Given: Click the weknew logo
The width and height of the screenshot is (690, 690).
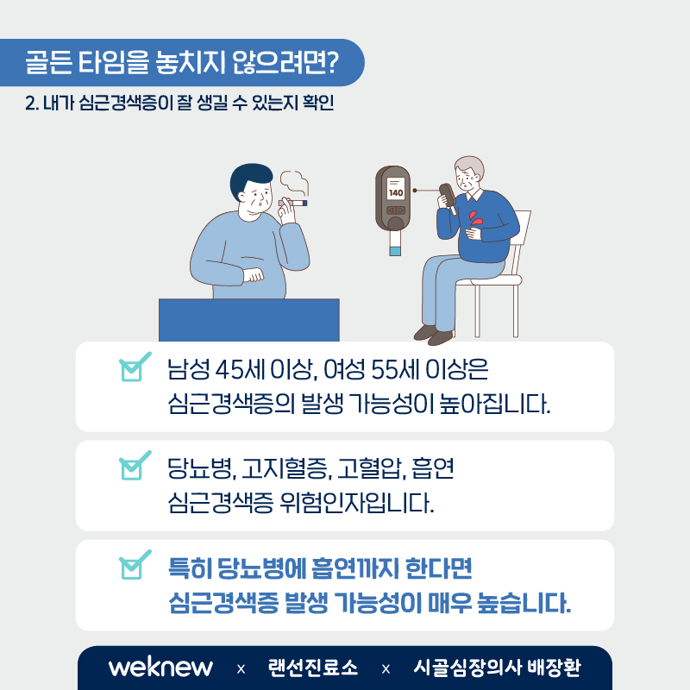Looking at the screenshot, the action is (x=160, y=668).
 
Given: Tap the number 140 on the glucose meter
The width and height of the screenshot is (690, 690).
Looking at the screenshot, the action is (x=396, y=192).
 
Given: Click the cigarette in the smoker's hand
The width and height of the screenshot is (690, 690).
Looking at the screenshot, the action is (x=293, y=203).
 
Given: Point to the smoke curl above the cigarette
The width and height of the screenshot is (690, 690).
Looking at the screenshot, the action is (x=294, y=182).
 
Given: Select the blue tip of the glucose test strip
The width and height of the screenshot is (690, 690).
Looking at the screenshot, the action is (x=395, y=251).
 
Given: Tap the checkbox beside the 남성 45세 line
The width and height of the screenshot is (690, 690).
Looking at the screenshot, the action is (x=135, y=367).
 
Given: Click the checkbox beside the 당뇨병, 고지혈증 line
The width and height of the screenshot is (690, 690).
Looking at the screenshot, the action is (x=135, y=466).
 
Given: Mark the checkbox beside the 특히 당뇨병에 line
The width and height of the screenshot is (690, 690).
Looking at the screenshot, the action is (x=135, y=565).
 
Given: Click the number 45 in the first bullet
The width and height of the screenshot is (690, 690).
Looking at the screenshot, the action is (x=229, y=370).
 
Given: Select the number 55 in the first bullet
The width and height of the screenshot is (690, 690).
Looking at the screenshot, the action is (x=385, y=370).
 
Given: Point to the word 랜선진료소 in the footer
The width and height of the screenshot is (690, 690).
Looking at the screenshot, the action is (x=313, y=668).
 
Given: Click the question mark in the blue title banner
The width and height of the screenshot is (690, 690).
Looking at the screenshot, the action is (x=333, y=62).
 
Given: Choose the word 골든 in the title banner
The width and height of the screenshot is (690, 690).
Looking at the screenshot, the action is (x=48, y=62).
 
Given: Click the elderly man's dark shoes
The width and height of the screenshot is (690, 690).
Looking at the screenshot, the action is (x=434, y=335).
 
